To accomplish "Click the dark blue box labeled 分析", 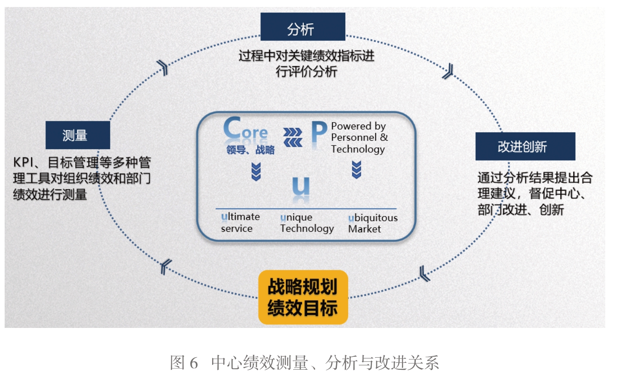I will coord(302,27).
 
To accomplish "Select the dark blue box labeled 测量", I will coord(78,135).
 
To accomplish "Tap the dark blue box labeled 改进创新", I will coord(525,146).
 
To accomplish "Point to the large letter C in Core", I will coord(233,130).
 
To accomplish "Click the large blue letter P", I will coord(318,133).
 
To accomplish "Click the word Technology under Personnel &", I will coord(358,149).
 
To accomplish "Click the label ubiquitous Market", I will coord(373,223).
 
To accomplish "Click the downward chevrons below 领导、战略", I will coord(256,171).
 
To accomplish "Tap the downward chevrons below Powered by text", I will coord(356,170).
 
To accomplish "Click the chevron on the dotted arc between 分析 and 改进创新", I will coord(447,72).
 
